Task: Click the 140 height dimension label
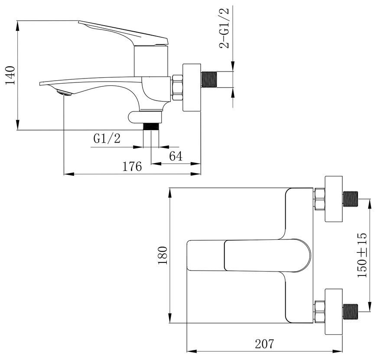(10, 75)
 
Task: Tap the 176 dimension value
(132, 167)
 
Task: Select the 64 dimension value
(176, 156)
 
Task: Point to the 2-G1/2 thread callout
(224, 28)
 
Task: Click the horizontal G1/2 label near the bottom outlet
(107, 139)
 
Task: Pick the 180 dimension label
(162, 255)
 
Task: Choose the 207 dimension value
(264, 344)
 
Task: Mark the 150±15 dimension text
(362, 255)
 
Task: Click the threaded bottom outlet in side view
(151, 127)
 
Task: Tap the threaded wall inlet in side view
(209, 79)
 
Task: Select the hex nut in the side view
(177, 88)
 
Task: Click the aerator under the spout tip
(64, 93)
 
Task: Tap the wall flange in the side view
(192, 88)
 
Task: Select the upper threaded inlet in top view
(351, 199)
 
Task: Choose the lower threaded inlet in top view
(351, 312)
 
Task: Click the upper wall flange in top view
(334, 199)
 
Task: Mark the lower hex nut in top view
(320, 312)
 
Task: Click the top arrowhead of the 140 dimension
(18, 26)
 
